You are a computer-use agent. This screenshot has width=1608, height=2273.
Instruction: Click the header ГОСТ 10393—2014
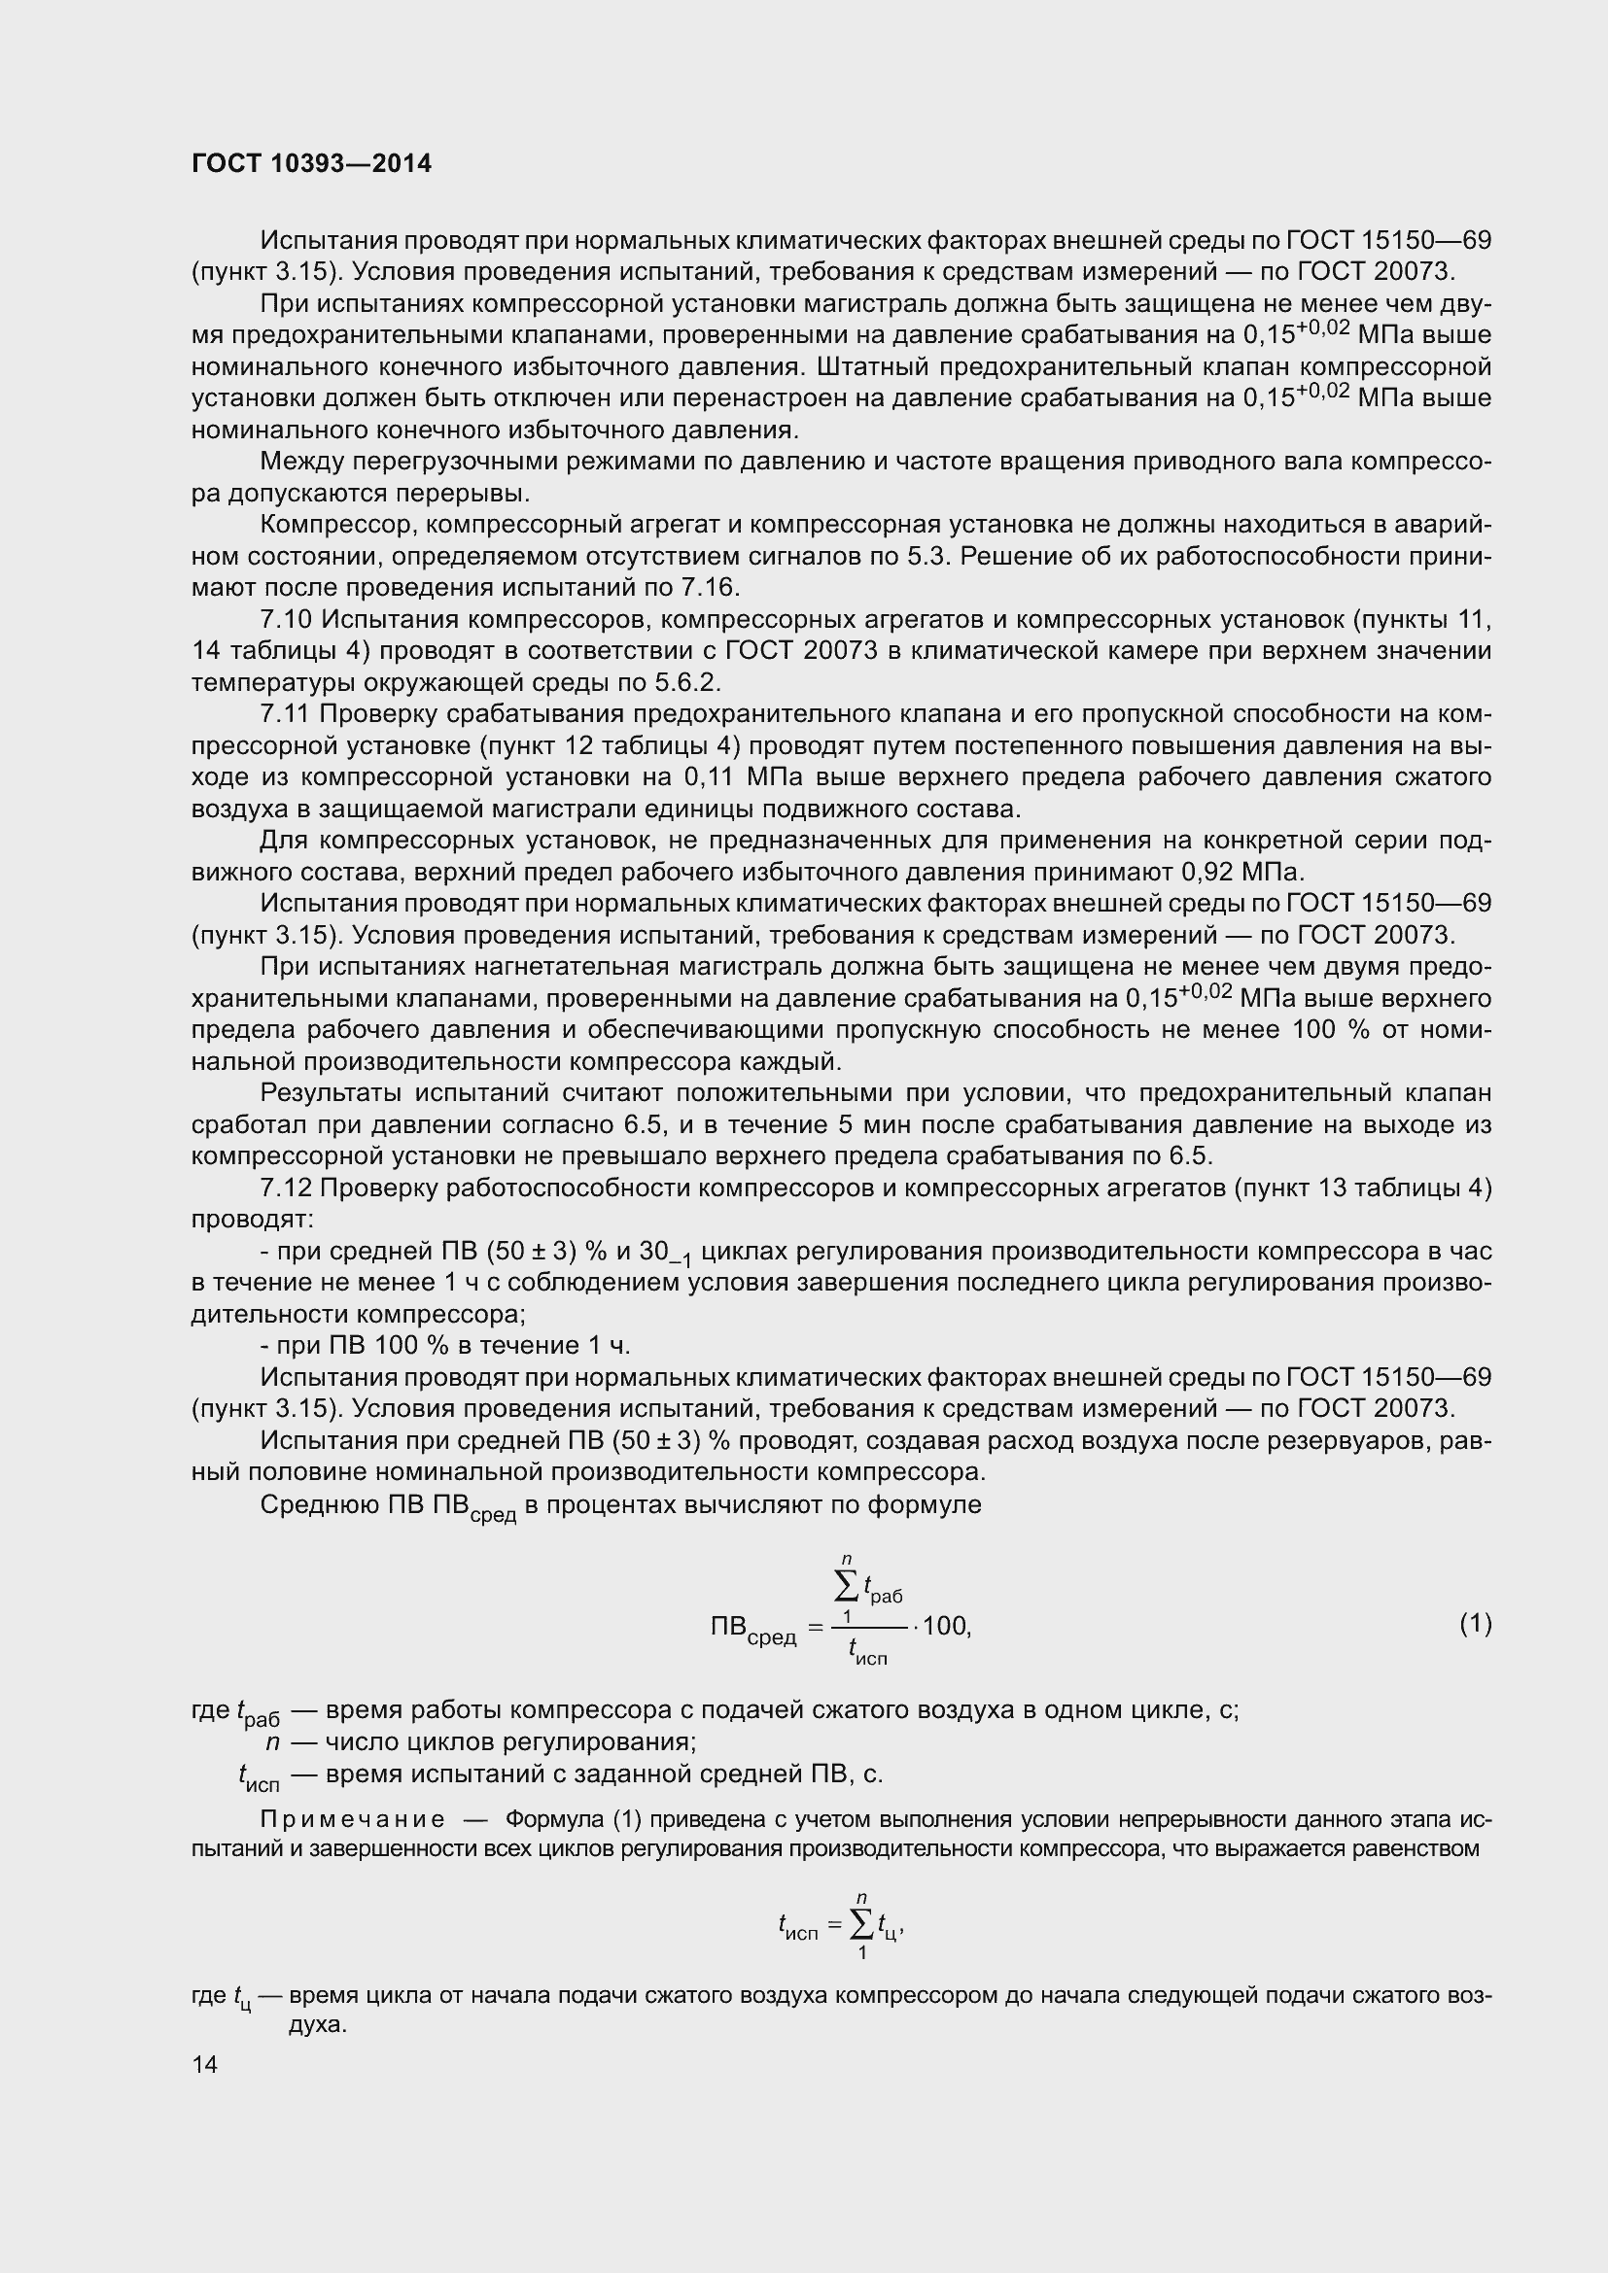click(311, 163)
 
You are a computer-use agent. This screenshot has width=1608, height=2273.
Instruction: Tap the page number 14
click(205, 2064)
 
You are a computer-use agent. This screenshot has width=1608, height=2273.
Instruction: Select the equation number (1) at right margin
click(1476, 1624)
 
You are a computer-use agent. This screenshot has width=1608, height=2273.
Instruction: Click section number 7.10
click(286, 620)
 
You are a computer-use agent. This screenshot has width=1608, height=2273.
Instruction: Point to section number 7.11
click(286, 715)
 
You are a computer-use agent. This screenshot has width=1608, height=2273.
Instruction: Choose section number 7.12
click(286, 1188)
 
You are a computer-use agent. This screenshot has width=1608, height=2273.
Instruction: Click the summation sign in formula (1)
click(848, 1588)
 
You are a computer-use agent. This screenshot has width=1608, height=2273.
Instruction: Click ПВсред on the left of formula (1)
click(753, 1630)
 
